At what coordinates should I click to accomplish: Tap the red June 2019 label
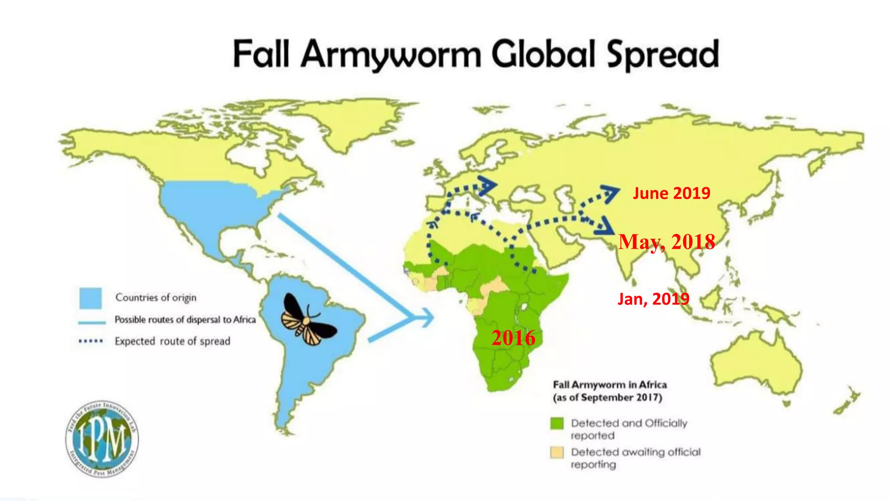pos(671,193)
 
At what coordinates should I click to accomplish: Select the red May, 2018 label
pos(667,242)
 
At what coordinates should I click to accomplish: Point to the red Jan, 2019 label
pos(653,299)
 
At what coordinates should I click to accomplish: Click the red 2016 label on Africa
pos(513,338)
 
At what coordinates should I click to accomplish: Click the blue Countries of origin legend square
pos(90,298)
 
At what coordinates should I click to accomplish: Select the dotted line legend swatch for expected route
pos(90,341)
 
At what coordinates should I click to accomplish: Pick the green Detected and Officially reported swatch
pos(557,423)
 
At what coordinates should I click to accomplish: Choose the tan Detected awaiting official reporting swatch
pos(557,452)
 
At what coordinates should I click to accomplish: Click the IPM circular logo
pos(102,438)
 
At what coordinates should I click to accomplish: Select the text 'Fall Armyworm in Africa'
pos(610,385)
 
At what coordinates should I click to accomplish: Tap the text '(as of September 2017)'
pos(607,397)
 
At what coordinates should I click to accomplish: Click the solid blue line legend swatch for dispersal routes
pos(92,322)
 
